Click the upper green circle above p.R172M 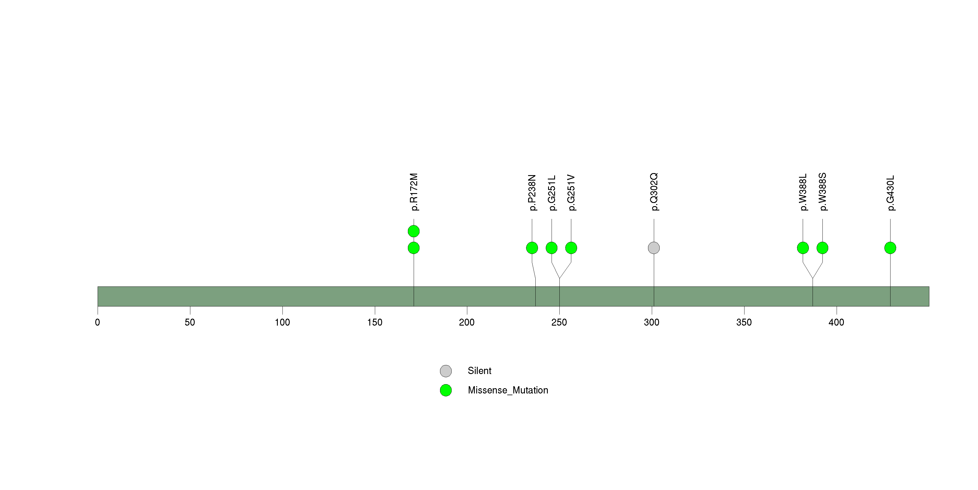click(x=413, y=231)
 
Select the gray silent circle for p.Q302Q click(x=653, y=248)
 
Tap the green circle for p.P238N click(x=532, y=248)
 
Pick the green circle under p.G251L click(x=551, y=248)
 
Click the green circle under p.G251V click(x=571, y=248)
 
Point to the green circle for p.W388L click(x=803, y=248)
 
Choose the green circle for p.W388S click(x=822, y=248)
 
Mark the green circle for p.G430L click(x=890, y=248)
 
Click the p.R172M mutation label click(x=414, y=192)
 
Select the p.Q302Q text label click(x=654, y=192)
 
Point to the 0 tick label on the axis click(x=98, y=322)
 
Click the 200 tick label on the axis click(x=467, y=322)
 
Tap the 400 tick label click(x=836, y=322)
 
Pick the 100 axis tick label click(x=282, y=322)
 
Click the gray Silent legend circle click(x=446, y=371)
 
